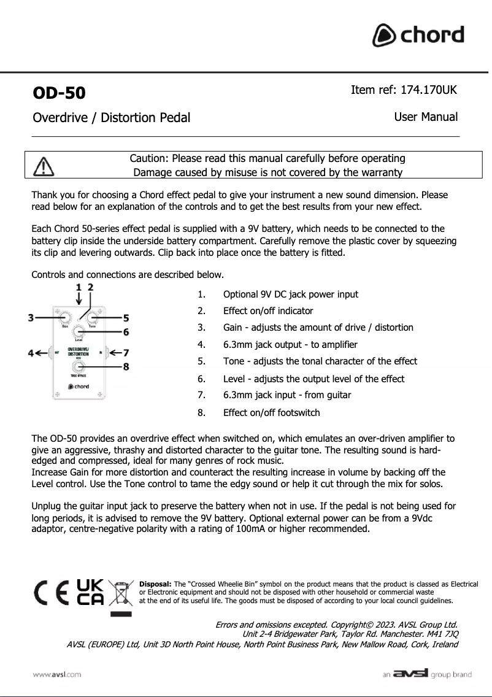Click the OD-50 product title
[x=59, y=93]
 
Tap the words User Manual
[x=426, y=117]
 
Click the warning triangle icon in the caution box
[x=43, y=165]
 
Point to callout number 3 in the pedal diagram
[x=31, y=317]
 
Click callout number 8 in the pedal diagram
[x=126, y=367]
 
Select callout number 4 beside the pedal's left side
[x=31, y=353]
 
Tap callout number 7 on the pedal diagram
[x=125, y=353]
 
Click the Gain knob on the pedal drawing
[x=64, y=318]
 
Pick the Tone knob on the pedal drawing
[x=92, y=318]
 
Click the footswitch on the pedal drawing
[x=78, y=367]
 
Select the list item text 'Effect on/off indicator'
[x=267, y=311]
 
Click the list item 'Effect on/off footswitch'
[x=271, y=413]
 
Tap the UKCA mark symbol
[x=90, y=592]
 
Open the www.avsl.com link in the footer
[x=57, y=674]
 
